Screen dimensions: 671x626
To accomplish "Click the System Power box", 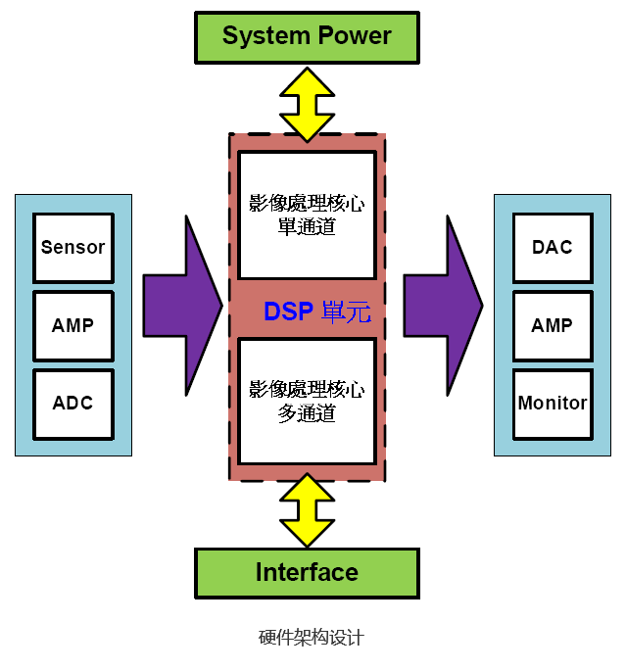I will pos(307,37).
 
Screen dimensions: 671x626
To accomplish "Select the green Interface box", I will pos(307,573).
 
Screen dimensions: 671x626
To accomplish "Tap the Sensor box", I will pos(72,248).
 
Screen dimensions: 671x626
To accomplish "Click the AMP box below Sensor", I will pos(72,325).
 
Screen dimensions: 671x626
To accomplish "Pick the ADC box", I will pos(72,403).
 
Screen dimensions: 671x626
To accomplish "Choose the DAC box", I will pos(552,248).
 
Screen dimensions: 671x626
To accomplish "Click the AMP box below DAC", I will pos(552,325).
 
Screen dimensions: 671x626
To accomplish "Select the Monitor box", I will pos(552,403).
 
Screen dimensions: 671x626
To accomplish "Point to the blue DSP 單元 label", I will pos(316,312).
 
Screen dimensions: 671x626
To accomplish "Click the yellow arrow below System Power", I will pos(307,103).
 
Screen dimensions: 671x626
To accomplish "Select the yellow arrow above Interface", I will pos(307,510).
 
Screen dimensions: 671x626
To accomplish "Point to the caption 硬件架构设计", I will pos(312,638).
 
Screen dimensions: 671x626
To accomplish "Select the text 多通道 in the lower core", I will pos(307,414).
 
